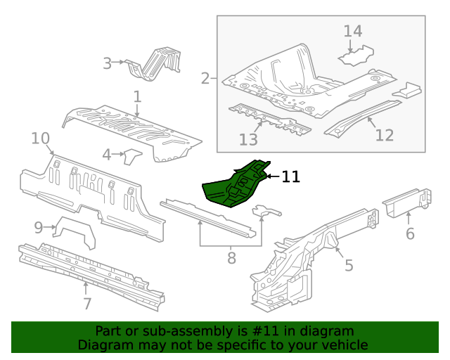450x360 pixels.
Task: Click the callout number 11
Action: pos(290,177)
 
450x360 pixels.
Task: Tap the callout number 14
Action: pos(352,31)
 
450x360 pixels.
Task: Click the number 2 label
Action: pos(205,78)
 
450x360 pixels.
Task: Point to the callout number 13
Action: pos(248,139)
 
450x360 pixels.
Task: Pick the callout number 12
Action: pos(384,135)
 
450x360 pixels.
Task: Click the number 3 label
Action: pos(107,63)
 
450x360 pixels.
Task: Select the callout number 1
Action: pos(137,96)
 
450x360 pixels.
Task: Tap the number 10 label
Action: pos(40,138)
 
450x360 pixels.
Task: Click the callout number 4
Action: pos(107,154)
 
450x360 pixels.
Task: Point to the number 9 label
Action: pos(39,226)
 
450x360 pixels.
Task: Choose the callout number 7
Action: pos(86,304)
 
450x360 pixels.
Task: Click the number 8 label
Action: pos(231,258)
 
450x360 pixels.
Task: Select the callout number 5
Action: pos(348,265)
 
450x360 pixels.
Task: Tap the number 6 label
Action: pos(410,233)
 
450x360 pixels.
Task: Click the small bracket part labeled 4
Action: pos(131,156)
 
